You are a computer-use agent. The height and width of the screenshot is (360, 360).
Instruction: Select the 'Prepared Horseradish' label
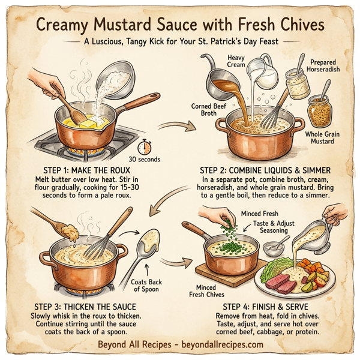[x=324, y=66]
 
